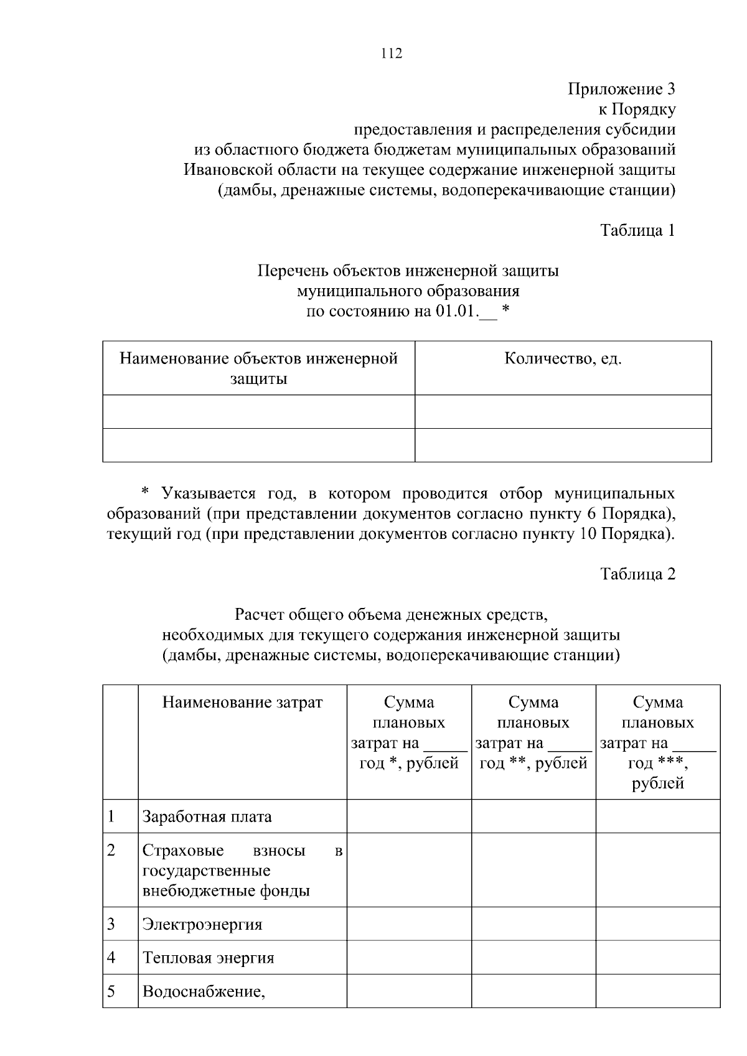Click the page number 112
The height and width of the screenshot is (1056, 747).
click(x=391, y=54)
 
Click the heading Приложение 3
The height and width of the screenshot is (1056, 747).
click(x=621, y=89)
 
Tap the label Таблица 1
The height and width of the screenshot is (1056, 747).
click(x=637, y=230)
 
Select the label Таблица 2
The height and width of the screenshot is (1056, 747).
click(x=637, y=574)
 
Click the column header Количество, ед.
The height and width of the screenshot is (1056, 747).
click(x=563, y=359)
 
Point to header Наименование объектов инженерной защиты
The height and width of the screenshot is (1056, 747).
click(x=258, y=368)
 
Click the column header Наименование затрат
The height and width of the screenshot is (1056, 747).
click(x=242, y=703)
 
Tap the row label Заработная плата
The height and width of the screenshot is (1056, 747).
click(x=207, y=816)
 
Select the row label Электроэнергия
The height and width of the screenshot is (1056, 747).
click(x=202, y=924)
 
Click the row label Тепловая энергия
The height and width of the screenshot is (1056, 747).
click(x=208, y=958)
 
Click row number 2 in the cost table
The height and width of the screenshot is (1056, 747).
click(x=111, y=850)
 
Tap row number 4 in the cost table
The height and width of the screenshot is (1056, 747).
click(x=111, y=958)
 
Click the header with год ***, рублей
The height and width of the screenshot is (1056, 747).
click(x=658, y=742)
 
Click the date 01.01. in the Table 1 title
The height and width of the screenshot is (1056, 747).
click(x=456, y=311)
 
